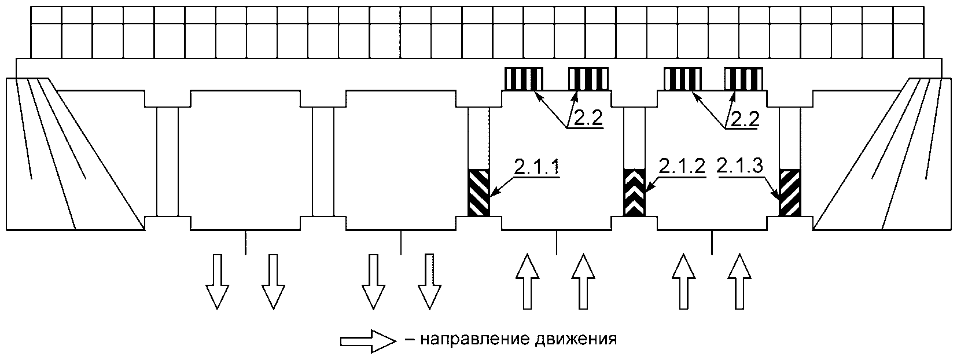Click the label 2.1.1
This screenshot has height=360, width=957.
tap(536, 167)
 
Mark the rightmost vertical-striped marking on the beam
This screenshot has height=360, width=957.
tap(745, 79)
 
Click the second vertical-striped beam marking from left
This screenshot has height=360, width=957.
tap(588, 79)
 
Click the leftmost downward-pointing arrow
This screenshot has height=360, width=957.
tap(216, 281)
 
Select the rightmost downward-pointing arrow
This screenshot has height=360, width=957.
tap(429, 281)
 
